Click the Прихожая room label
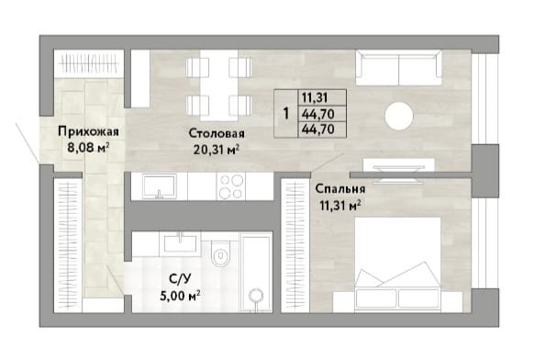(88, 131)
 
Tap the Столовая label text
(217, 133)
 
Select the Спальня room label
(340, 188)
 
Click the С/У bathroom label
(180, 278)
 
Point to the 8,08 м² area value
(88, 148)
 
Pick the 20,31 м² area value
(217, 149)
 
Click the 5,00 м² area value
(180, 295)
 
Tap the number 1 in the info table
(286, 114)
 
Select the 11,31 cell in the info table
(315, 98)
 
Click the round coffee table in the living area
(399, 116)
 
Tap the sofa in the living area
(399, 68)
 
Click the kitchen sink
(160, 186)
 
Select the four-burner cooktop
(231, 186)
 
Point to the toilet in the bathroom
(221, 253)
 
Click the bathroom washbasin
(180, 243)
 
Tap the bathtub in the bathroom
(256, 272)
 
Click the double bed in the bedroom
(398, 264)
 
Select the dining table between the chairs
(218, 85)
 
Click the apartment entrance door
(28, 141)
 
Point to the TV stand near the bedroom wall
(399, 165)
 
